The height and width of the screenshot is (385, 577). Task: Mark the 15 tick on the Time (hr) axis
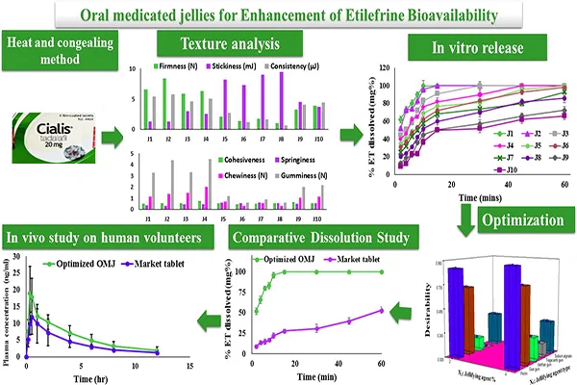tap(190, 365)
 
